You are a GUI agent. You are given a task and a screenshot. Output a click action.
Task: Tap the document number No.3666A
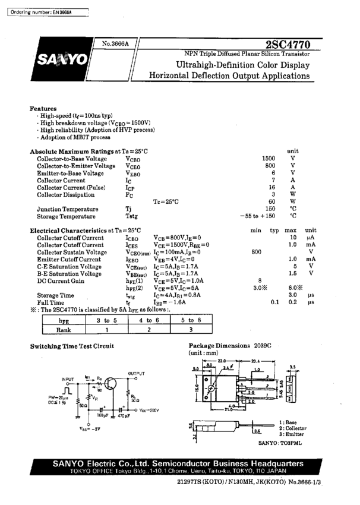tap(115, 45)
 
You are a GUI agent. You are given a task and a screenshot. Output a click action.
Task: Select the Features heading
tap(43, 109)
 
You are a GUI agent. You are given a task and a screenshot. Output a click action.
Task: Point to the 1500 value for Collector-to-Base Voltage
tap(269, 159)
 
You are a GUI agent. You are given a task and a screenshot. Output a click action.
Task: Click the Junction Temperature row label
tap(68, 209)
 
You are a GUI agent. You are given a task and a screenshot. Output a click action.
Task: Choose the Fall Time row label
tap(51, 302)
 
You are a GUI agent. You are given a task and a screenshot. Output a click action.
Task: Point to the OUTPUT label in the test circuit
tap(137, 374)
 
